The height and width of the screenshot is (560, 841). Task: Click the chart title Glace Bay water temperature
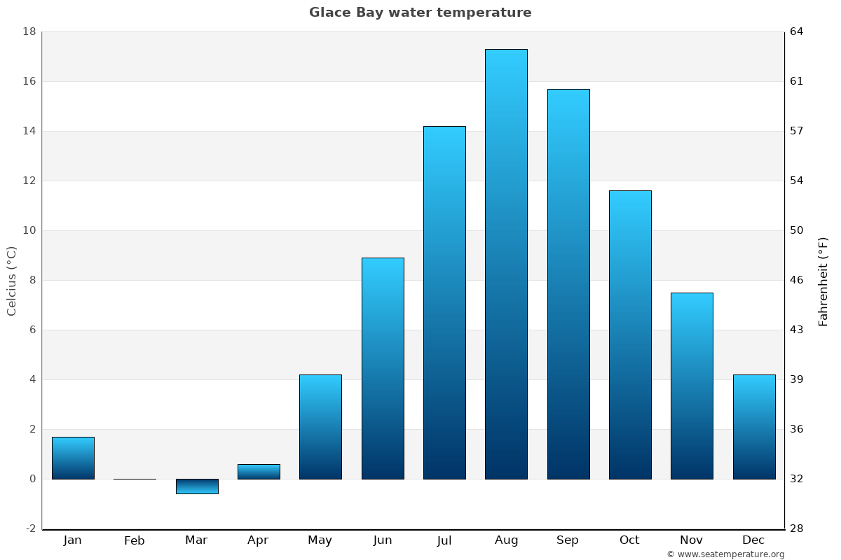coord(420,13)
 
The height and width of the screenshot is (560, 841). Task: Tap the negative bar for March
coord(197,486)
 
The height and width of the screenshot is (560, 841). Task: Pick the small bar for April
coord(259,472)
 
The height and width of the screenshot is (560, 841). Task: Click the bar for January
coord(73,458)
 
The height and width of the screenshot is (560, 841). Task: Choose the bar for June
coord(383,368)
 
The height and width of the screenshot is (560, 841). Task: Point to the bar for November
coord(692,386)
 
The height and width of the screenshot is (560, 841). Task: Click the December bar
coord(754,427)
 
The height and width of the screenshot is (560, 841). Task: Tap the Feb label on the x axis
coord(134,540)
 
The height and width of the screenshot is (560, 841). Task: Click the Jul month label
coord(444,540)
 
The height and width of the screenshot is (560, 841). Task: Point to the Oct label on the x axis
coord(629,540)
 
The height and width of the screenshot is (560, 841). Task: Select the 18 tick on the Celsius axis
coord(29,31)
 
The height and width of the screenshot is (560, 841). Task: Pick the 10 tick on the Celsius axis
coord(29,230)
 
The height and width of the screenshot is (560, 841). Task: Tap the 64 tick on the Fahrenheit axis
coord(797,31)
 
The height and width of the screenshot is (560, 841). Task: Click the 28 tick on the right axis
coord(797,528)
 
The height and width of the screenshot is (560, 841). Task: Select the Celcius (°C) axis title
coord(12,281)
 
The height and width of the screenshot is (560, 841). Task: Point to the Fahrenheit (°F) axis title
coord(823,281)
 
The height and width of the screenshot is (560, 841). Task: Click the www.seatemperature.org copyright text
coord(725,554)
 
